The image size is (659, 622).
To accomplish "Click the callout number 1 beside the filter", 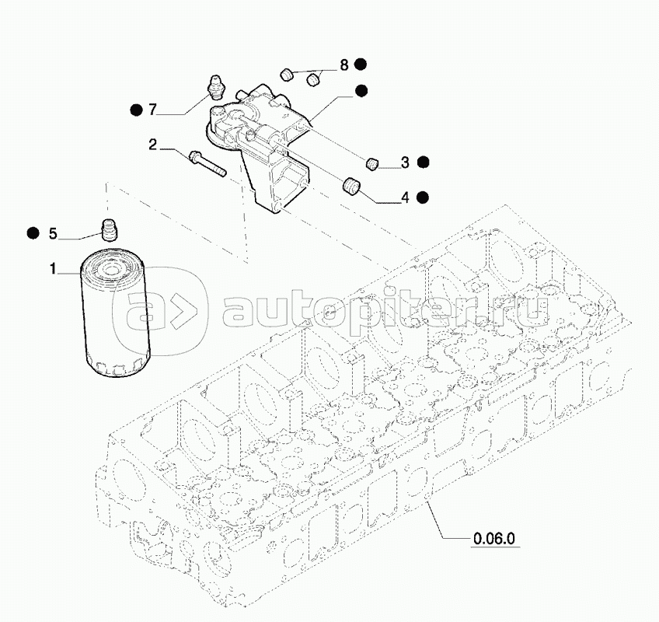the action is [x=53, y=269].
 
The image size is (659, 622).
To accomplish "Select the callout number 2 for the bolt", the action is [x=153, y=144].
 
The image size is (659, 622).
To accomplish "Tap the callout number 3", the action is [x=405, y=162].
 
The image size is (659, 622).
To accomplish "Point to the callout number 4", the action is [x=405, y=197].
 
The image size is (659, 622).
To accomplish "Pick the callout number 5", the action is [x=53, y=232].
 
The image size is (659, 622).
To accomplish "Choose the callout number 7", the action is [x=153, y=110].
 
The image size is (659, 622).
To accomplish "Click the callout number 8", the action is [x=343, y=65].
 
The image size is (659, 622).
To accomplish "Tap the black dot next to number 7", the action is [x=135, y=110].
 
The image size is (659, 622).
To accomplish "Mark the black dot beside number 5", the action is [x=33, y=232].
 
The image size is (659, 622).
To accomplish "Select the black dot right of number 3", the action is [x=423, y=162].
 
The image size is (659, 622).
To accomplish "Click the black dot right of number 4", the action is [x=423, y=197].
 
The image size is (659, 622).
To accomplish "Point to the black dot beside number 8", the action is [x=361, y=65].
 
